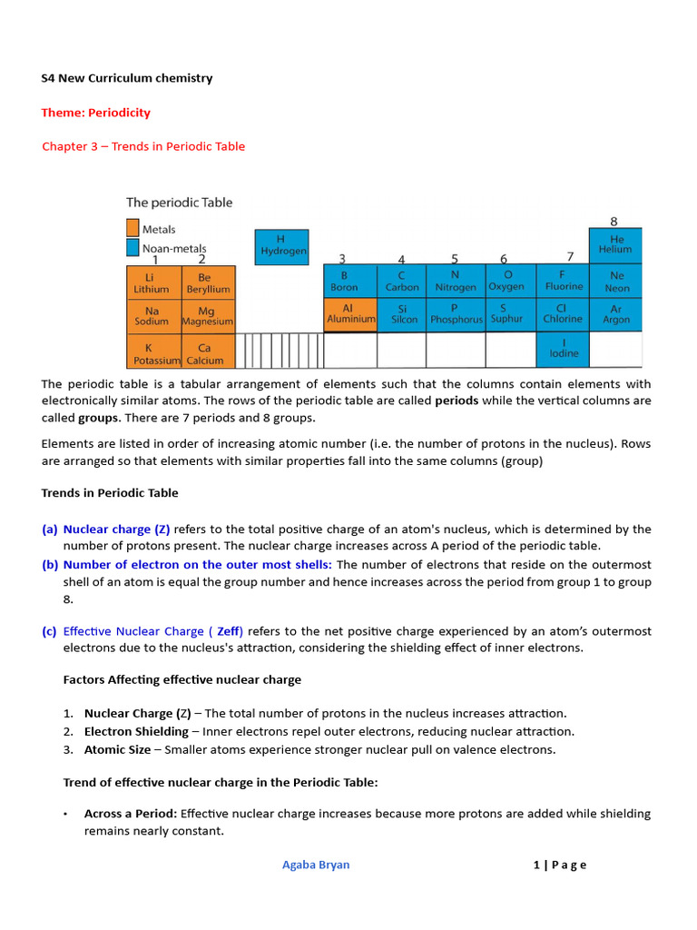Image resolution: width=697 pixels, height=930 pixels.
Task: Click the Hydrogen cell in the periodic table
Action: [282, 246]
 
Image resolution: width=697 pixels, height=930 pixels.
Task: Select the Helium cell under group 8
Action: [616, 245]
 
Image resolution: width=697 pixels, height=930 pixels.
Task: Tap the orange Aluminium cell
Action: [350, 314]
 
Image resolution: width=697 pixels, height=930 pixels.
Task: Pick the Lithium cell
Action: [152, 282]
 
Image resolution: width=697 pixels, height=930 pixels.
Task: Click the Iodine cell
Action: [563, 348]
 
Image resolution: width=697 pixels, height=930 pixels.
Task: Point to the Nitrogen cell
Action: [455, 282]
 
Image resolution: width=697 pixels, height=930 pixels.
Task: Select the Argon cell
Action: [616, 314]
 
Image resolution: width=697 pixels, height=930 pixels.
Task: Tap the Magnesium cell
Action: [207, 315]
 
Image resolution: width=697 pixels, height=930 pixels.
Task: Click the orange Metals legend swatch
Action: [133, 229]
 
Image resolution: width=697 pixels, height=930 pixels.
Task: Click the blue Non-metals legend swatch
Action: [133, 247]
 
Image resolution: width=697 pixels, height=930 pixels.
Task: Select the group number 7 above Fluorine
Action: [570, 256]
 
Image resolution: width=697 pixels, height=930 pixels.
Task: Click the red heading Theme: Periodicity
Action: [95, 113]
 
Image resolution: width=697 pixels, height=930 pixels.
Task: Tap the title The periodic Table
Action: [179, 203]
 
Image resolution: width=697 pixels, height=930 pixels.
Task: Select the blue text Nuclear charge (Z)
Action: [116, 529]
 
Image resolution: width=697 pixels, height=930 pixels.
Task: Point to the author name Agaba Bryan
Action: [316, 865]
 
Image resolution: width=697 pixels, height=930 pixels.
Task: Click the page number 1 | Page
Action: [560, 865]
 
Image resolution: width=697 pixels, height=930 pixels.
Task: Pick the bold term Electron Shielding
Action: [136, 732]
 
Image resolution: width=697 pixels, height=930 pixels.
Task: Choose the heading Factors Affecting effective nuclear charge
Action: [182, 680]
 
